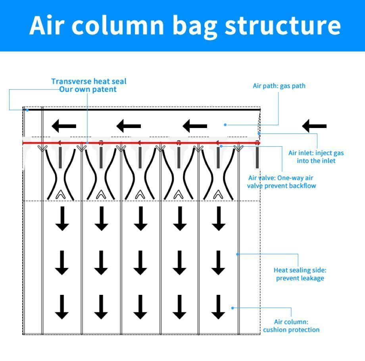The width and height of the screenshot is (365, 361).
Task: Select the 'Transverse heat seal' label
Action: (89, 81)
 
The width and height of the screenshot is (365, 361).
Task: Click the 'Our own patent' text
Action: (88, 90)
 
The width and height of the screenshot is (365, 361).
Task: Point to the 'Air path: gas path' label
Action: (279, 86)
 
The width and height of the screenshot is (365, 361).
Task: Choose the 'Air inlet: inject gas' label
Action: (316, 153)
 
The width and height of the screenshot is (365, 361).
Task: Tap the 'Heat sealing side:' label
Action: (300, 270)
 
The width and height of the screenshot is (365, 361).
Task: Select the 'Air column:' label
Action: (291, 322)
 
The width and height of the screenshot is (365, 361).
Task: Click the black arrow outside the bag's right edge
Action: (314, 126)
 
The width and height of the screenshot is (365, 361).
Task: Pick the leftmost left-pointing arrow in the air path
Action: (64, 126)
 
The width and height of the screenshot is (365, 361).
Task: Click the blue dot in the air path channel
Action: (225, 125)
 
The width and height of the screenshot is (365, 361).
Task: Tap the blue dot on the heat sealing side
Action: (238, 254)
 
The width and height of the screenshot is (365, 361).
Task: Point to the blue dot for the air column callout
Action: (232, 308)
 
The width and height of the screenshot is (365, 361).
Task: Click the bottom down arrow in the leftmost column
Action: (62, 307)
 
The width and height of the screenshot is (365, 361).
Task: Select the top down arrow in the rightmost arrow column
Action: (219, 219)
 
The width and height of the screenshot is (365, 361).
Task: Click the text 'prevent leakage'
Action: (300, 278)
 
